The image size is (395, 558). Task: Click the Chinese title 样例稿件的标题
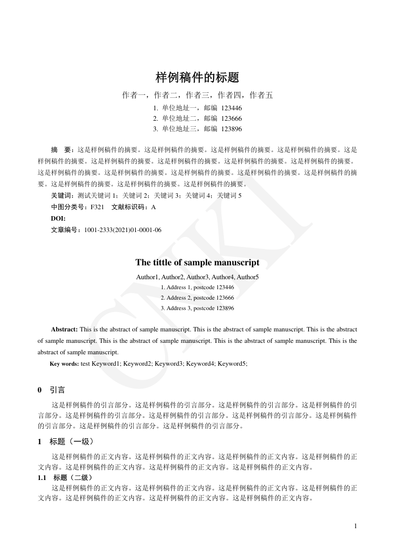coord(197,78)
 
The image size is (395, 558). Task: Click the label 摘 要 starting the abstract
coord(62,149)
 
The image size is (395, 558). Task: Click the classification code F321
coord(97,207)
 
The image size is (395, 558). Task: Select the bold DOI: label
coord(58,219)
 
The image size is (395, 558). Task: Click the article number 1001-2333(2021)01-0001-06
coord(123,230)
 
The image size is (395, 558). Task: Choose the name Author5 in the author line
coord(248,277)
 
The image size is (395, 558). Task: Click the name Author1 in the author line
coord(147,277)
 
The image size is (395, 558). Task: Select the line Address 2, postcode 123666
coord(197,298)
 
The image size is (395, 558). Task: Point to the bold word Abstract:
coord(64,329)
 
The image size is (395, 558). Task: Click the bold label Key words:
coord(64,364)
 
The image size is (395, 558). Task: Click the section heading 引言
coord(58,390)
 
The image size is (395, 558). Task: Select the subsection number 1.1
coord(42,478)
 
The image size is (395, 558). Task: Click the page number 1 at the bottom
coord(356,526)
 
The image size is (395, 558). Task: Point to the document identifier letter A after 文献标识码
coord(153,207)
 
